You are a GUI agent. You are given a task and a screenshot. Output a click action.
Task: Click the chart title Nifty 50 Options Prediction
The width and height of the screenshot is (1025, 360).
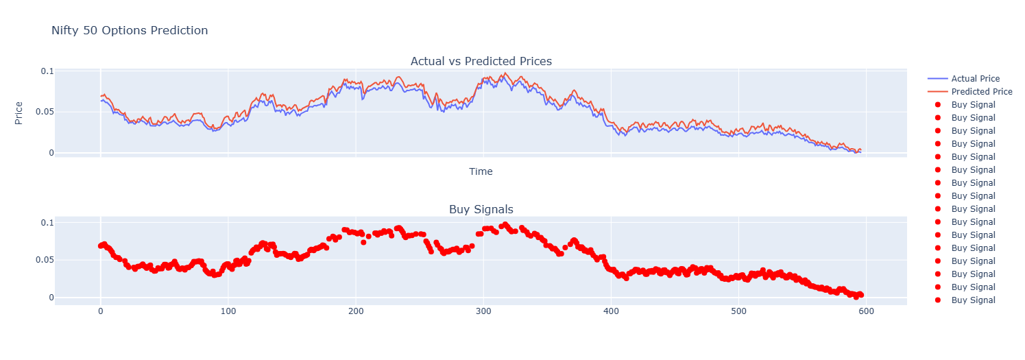[x=130, y=30]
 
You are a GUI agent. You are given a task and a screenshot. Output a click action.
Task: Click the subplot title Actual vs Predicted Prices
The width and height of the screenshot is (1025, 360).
[x=481, y=61]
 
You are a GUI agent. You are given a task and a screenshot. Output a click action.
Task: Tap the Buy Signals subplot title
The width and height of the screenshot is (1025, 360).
[x=481, y=209]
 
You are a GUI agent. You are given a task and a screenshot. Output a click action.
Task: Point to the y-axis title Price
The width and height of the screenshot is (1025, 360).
[x=19, y=112]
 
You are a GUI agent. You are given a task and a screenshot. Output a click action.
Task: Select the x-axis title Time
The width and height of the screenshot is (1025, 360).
[x=481, y=171]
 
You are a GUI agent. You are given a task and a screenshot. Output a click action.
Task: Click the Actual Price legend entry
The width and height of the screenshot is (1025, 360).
[x=975, y=79]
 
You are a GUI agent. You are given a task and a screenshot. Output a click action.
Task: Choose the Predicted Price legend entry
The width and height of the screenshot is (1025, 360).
[x=981, y=92]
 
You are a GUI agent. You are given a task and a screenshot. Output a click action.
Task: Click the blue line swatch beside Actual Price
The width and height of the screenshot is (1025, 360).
[x=937, y=79]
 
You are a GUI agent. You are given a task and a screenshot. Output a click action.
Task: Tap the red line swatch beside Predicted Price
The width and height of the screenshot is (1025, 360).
[x=937, y=92]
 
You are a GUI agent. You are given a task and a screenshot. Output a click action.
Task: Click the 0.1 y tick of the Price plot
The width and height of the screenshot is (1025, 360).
[x=47, y=71]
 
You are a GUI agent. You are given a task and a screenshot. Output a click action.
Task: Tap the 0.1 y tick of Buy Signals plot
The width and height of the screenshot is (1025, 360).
[x=47, y=223]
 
